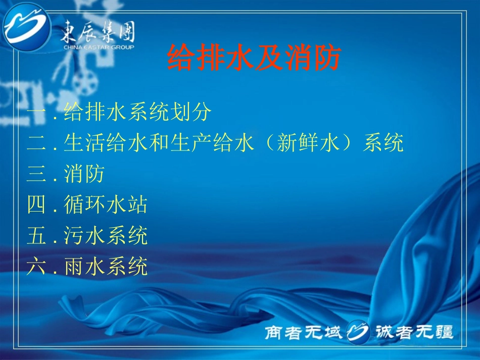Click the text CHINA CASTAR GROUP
click(x=99, y=47)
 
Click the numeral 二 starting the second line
click(x=36, y=144)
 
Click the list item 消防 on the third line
click(x=84, y=174)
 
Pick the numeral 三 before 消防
click(x=36, y=174)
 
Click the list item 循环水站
click(x=106, y=205)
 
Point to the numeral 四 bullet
click(x=36, y=205)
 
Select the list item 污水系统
click(x=106, y=235)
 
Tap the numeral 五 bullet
click(x=36, y=235)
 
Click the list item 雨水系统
click(x=106, y=266)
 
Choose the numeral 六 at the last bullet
click(x=36, y=266)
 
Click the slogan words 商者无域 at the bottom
click(x=304, y=332)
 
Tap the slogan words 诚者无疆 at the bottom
click(x=414, y=332)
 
